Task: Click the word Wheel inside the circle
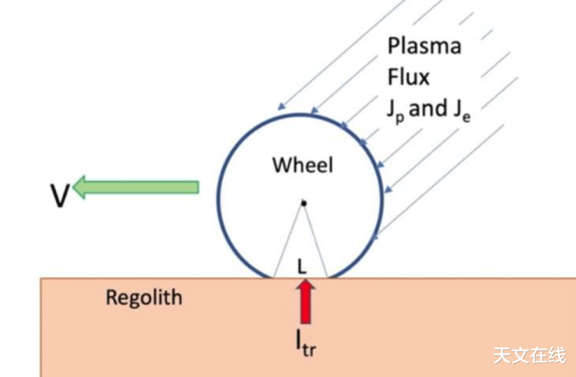[x=302, y=166]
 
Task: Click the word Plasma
[x=424, y=46]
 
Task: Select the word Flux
[x=408, y=77]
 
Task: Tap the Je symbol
[x=462, y=110]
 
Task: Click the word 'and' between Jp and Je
[x=428, y=108]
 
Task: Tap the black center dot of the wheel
[x=303, y=203]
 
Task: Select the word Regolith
[x=144, y=298]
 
